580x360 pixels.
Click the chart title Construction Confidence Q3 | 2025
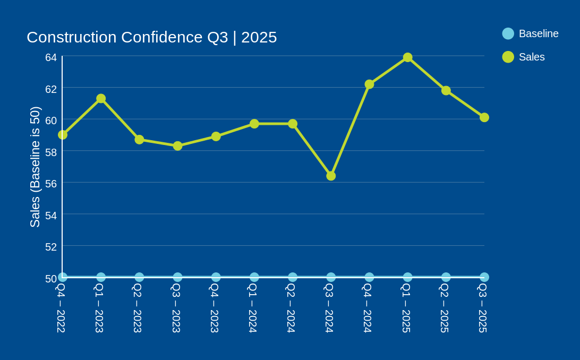pos(151,37)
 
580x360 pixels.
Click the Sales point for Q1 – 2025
pos(407,57)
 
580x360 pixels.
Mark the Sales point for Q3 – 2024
pos(331,176)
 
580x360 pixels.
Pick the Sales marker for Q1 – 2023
pos(101,98)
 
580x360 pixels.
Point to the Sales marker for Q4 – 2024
pos(369,84)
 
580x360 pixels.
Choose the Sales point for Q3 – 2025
pos(484,117)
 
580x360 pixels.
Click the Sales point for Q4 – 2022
pos(63,135)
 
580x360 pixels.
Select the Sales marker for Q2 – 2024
pos(293,124)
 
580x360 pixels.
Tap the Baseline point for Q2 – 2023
pos(139,277)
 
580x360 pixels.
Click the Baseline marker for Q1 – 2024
pos(254,277)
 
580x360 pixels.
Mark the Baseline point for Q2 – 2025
pos(446,277)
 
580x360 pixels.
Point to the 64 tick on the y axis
pos(51,57)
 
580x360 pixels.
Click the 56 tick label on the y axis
pos(51,184)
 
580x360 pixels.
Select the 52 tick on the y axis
pos(51,247)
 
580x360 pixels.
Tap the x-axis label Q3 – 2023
pos(176,308)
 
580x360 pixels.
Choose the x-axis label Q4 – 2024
pos(368,308)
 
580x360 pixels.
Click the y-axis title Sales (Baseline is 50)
pos(35,167)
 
